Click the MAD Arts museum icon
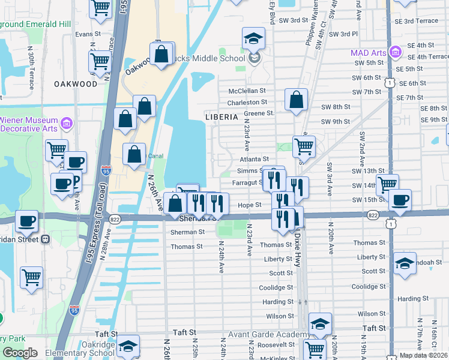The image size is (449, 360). pyautogui.click(x=395, y=53)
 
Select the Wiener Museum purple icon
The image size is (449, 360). pyautogui.click(x=67, y=124)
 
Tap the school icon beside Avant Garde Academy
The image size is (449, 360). pyautogui.click(x=321, y=325)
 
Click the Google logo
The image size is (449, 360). pyautogui.click(x=20, y=353)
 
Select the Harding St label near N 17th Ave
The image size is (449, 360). pyautogui.click(x=412, y=299)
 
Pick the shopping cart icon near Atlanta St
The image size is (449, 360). pyautogui.click(x=304, y=146)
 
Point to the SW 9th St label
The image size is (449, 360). pyautogui.click(x=336, y=122)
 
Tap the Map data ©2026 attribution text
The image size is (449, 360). pyautogui.click(x=423, y=355)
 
